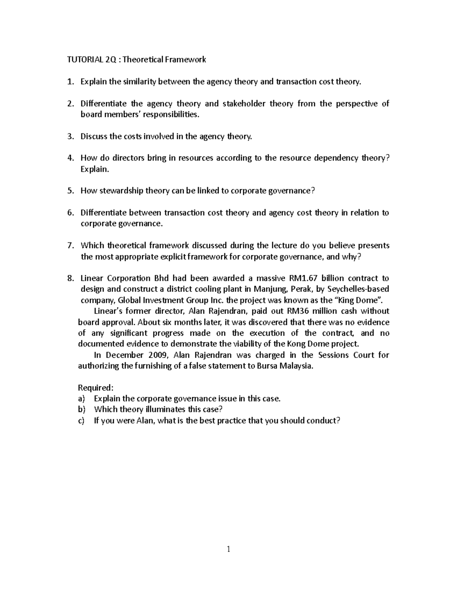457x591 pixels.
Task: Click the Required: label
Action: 96,388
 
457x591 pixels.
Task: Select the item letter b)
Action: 81,409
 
